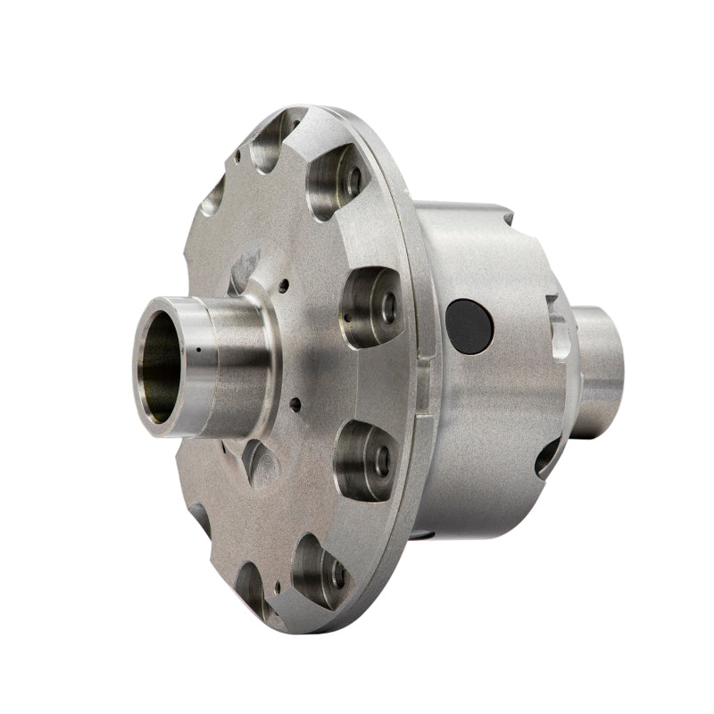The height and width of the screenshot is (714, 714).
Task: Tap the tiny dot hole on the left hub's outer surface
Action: [x=197, y=351]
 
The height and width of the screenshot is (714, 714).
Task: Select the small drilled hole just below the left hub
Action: [x=292, y=403]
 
